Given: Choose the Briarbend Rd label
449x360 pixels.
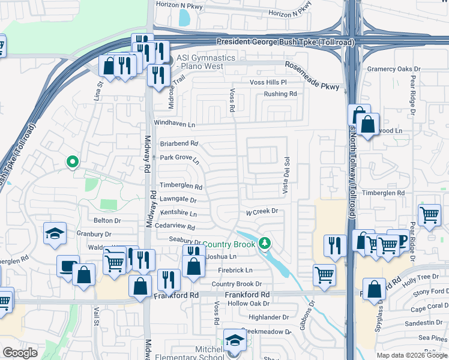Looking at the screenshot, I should click(178, 143).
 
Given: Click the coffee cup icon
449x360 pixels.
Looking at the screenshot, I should click(67, 265).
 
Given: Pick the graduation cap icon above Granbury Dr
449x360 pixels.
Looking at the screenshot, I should click(55, 233).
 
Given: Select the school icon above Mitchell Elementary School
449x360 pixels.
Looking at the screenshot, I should click(235, 340).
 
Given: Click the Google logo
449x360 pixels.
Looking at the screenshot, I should click(20, 353).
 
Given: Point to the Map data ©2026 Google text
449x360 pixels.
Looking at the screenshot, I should click(411, 355).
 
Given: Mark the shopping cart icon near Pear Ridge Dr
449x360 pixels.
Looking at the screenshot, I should click(429, 214).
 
